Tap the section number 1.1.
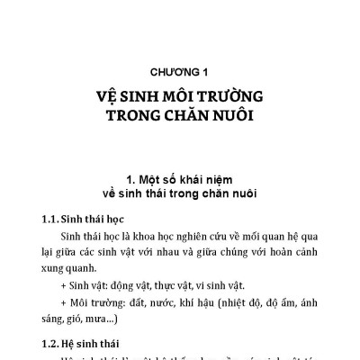point(53,218)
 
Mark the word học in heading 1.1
point(121,218)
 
